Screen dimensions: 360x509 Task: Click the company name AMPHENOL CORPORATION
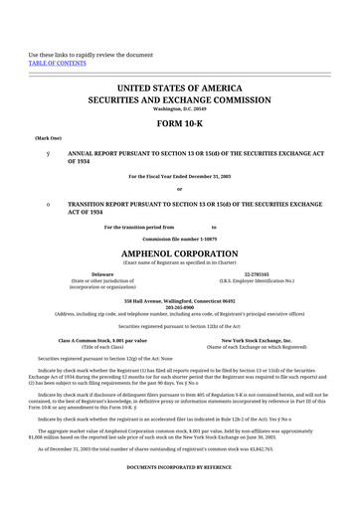[x=179, y=254]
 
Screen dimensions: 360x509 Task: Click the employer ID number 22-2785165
[x=257, y=273]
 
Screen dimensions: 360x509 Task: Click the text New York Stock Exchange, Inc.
[x=257, y=340]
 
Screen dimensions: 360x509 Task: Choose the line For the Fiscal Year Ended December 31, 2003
[x=179, y=176]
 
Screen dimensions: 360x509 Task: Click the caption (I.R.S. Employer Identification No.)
[x=257, y=280]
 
